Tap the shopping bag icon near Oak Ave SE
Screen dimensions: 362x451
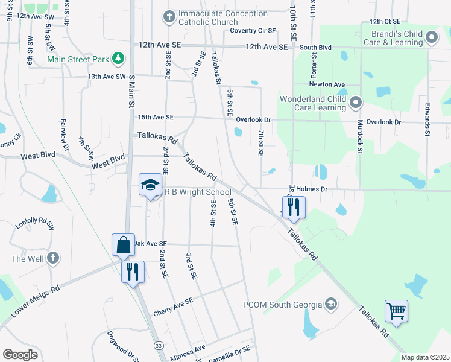coord(123,245)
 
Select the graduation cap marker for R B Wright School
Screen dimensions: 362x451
coord(150,185)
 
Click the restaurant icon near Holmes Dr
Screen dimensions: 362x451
coord(294,207)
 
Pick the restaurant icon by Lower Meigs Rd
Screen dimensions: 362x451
coord(133,271)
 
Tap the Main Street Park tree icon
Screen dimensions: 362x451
coord(119,59)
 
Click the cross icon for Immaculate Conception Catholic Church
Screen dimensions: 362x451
coord(169,15)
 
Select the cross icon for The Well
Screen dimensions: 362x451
coord(53,258)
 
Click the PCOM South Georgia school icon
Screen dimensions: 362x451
coord(330,303)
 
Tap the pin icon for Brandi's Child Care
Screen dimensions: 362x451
coord(431,37)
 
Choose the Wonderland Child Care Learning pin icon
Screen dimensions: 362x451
coord(355,103)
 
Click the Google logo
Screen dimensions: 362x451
coord(20,354)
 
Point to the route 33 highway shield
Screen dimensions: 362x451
coord(158,345)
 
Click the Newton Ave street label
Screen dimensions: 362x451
coord(328,84)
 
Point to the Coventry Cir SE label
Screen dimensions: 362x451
coord(253,30)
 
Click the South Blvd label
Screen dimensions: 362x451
coord(316,47)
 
